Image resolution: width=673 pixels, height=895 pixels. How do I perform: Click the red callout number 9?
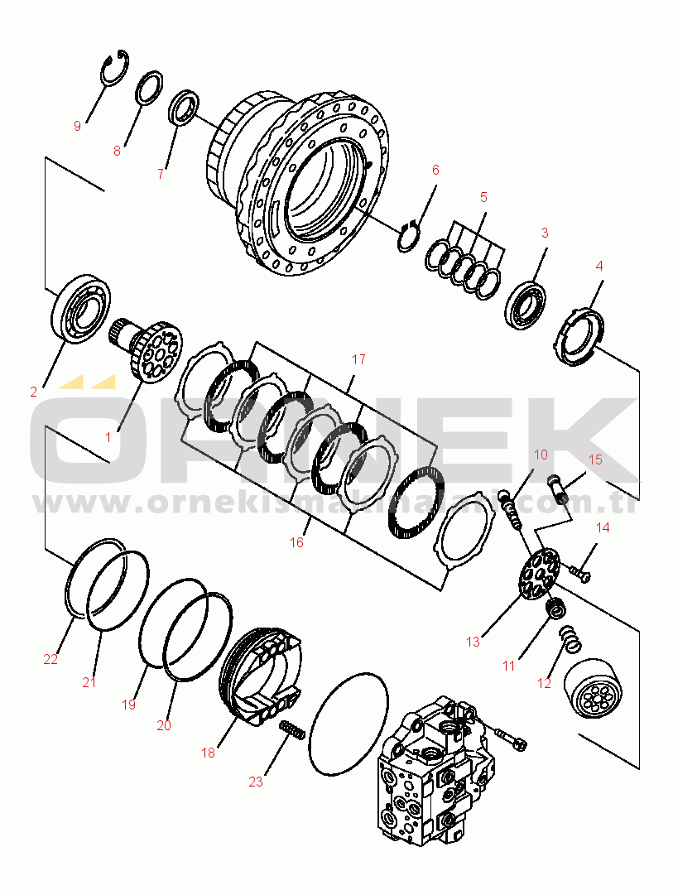tap(78, 126)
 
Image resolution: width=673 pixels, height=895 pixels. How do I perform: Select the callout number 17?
tap(358, 359)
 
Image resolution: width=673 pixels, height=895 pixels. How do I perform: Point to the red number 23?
tap(256, 782)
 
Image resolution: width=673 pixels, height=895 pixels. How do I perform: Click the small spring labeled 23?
tap(291, 729)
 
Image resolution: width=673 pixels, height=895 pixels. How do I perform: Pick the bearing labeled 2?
tap(80, 308)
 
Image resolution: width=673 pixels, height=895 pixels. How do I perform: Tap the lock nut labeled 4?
tap(577, 336)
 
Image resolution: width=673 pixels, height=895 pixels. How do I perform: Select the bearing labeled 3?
tap(525, 305)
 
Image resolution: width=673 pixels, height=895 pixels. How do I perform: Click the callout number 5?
tap(484, 198)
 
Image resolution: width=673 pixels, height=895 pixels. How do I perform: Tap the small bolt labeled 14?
tap(579, 572)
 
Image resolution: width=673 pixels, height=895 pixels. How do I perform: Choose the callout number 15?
tap(595, 460)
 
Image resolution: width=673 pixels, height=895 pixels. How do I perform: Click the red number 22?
tap(50, 659)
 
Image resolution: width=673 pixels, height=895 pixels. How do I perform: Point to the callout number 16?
tap(296, 542)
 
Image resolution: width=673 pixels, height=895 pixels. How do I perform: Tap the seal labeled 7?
tap(185, 106)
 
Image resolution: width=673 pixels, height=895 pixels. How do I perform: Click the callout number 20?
tap(164, 725)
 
